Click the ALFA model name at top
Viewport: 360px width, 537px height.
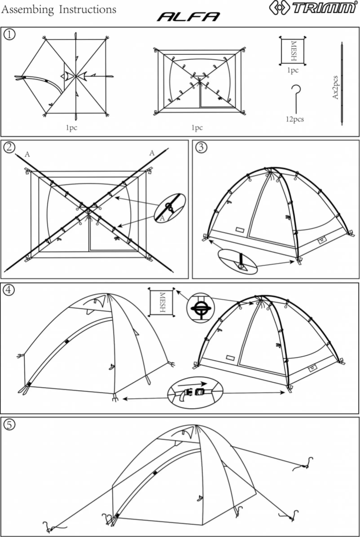188,17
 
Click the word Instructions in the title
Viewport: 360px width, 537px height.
88,9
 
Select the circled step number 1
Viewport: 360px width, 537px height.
9,34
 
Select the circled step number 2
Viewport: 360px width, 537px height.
9,147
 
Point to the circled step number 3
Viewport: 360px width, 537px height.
202,147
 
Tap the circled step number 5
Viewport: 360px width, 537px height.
9,424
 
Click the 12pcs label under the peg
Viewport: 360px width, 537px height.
294,119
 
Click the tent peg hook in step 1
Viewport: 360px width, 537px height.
295,97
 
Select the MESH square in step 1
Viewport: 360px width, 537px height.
293,51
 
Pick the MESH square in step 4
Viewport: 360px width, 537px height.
162,302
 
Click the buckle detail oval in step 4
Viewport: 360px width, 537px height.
195,391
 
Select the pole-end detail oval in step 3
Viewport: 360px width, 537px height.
237,262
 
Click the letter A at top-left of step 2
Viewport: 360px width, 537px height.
27,154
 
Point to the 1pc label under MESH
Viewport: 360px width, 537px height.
293,70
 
